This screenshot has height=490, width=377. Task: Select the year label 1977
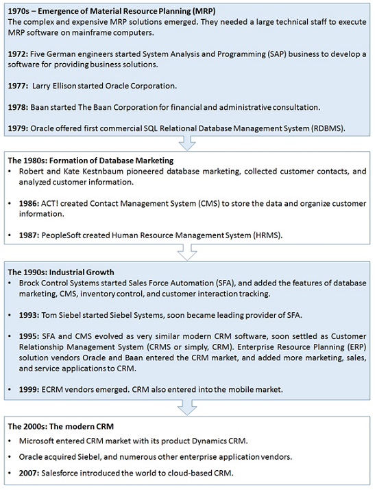(x=18, y=86)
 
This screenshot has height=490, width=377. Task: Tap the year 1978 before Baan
(x=18, y=107)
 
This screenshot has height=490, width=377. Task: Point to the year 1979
(x=18, y=128)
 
